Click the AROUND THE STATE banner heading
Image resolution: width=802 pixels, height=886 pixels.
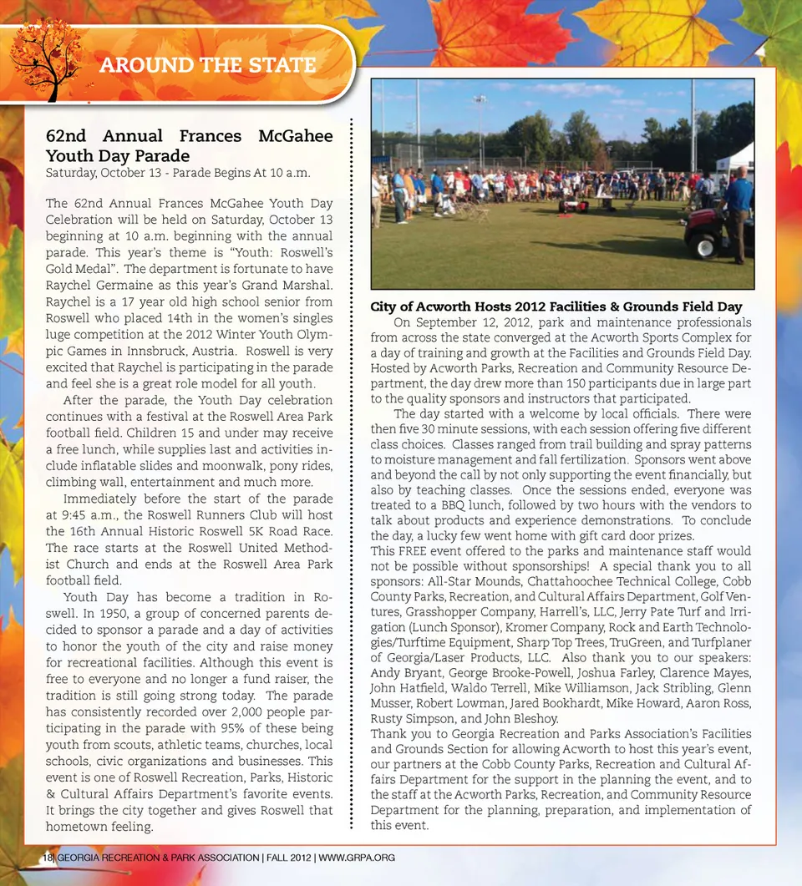click(207, 65)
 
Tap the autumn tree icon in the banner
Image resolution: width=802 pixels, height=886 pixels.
click(47, 58)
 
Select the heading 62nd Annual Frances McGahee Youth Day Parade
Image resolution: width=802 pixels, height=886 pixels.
click(189, 145)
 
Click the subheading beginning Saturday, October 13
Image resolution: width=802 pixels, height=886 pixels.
click(178, 173)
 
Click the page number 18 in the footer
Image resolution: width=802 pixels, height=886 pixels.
click(48, 858)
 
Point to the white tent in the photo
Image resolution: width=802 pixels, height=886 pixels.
click(736, 159)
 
